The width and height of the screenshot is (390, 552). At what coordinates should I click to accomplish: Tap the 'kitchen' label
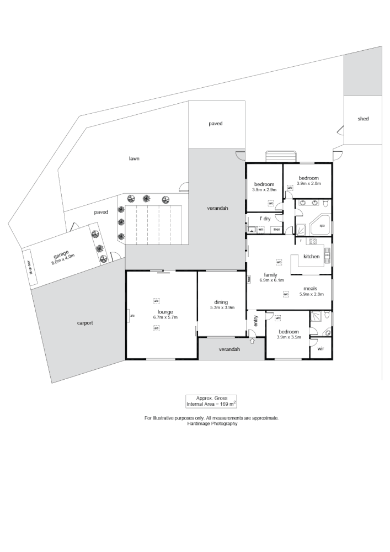point(312,257)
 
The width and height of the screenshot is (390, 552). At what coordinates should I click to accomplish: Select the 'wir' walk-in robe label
point(320,349)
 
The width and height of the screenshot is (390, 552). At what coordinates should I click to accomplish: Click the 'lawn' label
point(134,158)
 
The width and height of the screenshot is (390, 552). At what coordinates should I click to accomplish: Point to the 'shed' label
point(362,119)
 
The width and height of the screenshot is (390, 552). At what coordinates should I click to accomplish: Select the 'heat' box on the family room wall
point(249,279)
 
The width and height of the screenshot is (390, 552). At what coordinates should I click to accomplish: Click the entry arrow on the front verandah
point(253,342)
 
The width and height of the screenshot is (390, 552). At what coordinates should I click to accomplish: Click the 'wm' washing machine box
point(261,229)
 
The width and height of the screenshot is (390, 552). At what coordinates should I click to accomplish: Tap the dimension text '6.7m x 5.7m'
point(165,317)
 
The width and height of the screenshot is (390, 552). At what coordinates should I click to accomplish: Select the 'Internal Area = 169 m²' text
point(211,405)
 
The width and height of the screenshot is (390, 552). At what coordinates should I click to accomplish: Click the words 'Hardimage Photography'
point(211,423)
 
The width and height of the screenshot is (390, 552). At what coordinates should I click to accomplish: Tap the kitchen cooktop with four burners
point(313,242)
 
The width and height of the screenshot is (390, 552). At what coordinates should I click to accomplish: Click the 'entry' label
point(255,320)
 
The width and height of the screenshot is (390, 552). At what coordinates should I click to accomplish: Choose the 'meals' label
point(310,288)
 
